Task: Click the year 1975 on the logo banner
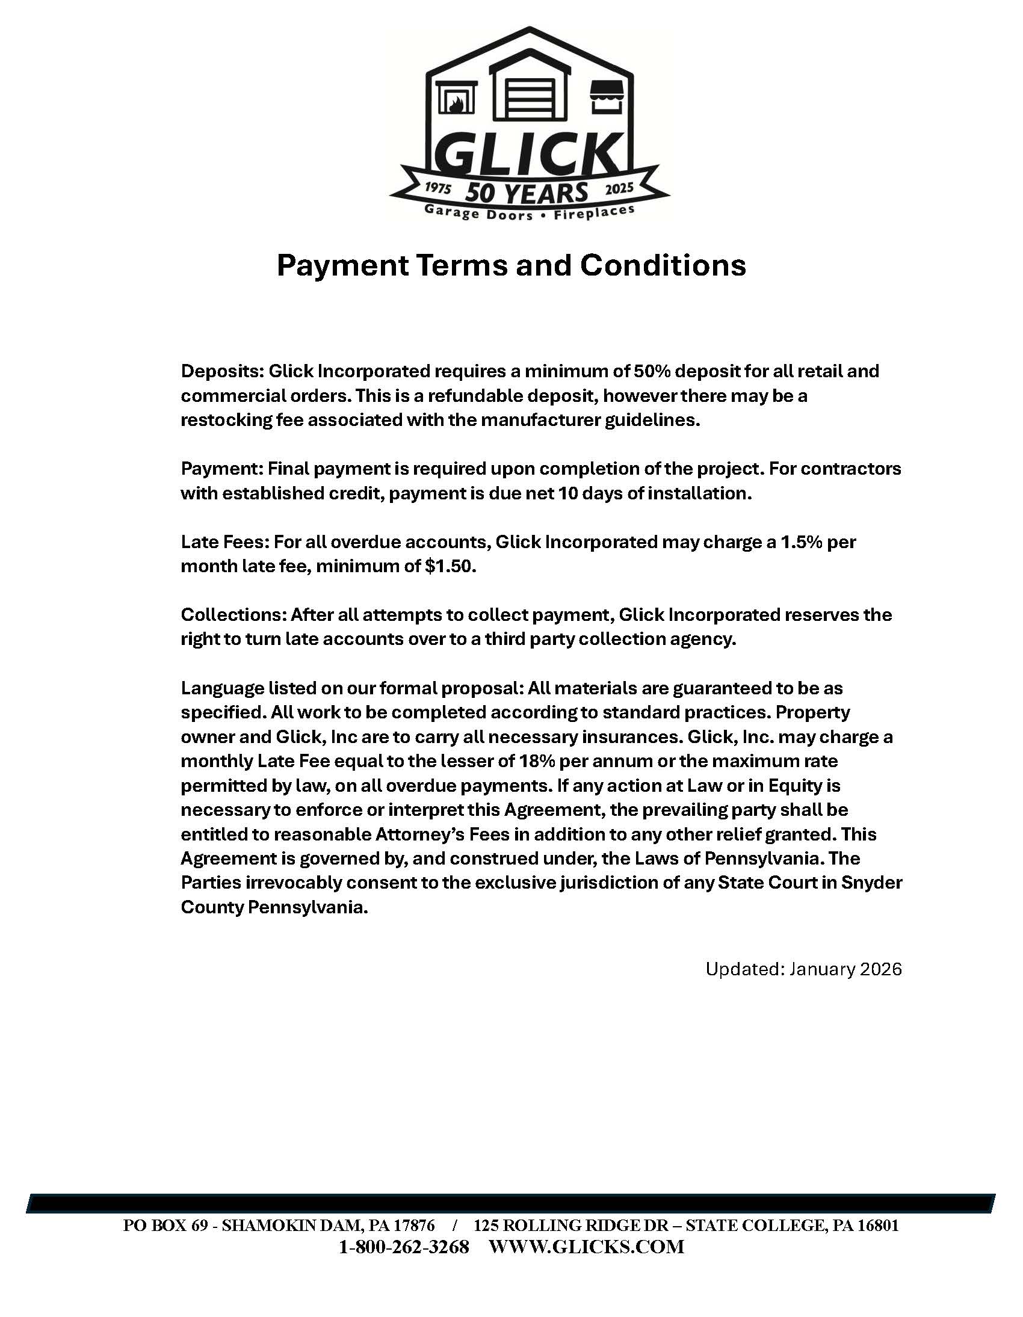click(439, 188)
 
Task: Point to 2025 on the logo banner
click(619, 188)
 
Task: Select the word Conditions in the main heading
click(663, 265)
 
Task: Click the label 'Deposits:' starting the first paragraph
click(222, 371)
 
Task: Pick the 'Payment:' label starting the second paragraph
click(221, 469)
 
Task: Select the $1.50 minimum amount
click(450, 566)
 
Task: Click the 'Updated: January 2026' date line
click(803, 969)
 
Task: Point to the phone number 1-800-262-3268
click(404, 1247)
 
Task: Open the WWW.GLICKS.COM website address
click(586, 1247)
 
